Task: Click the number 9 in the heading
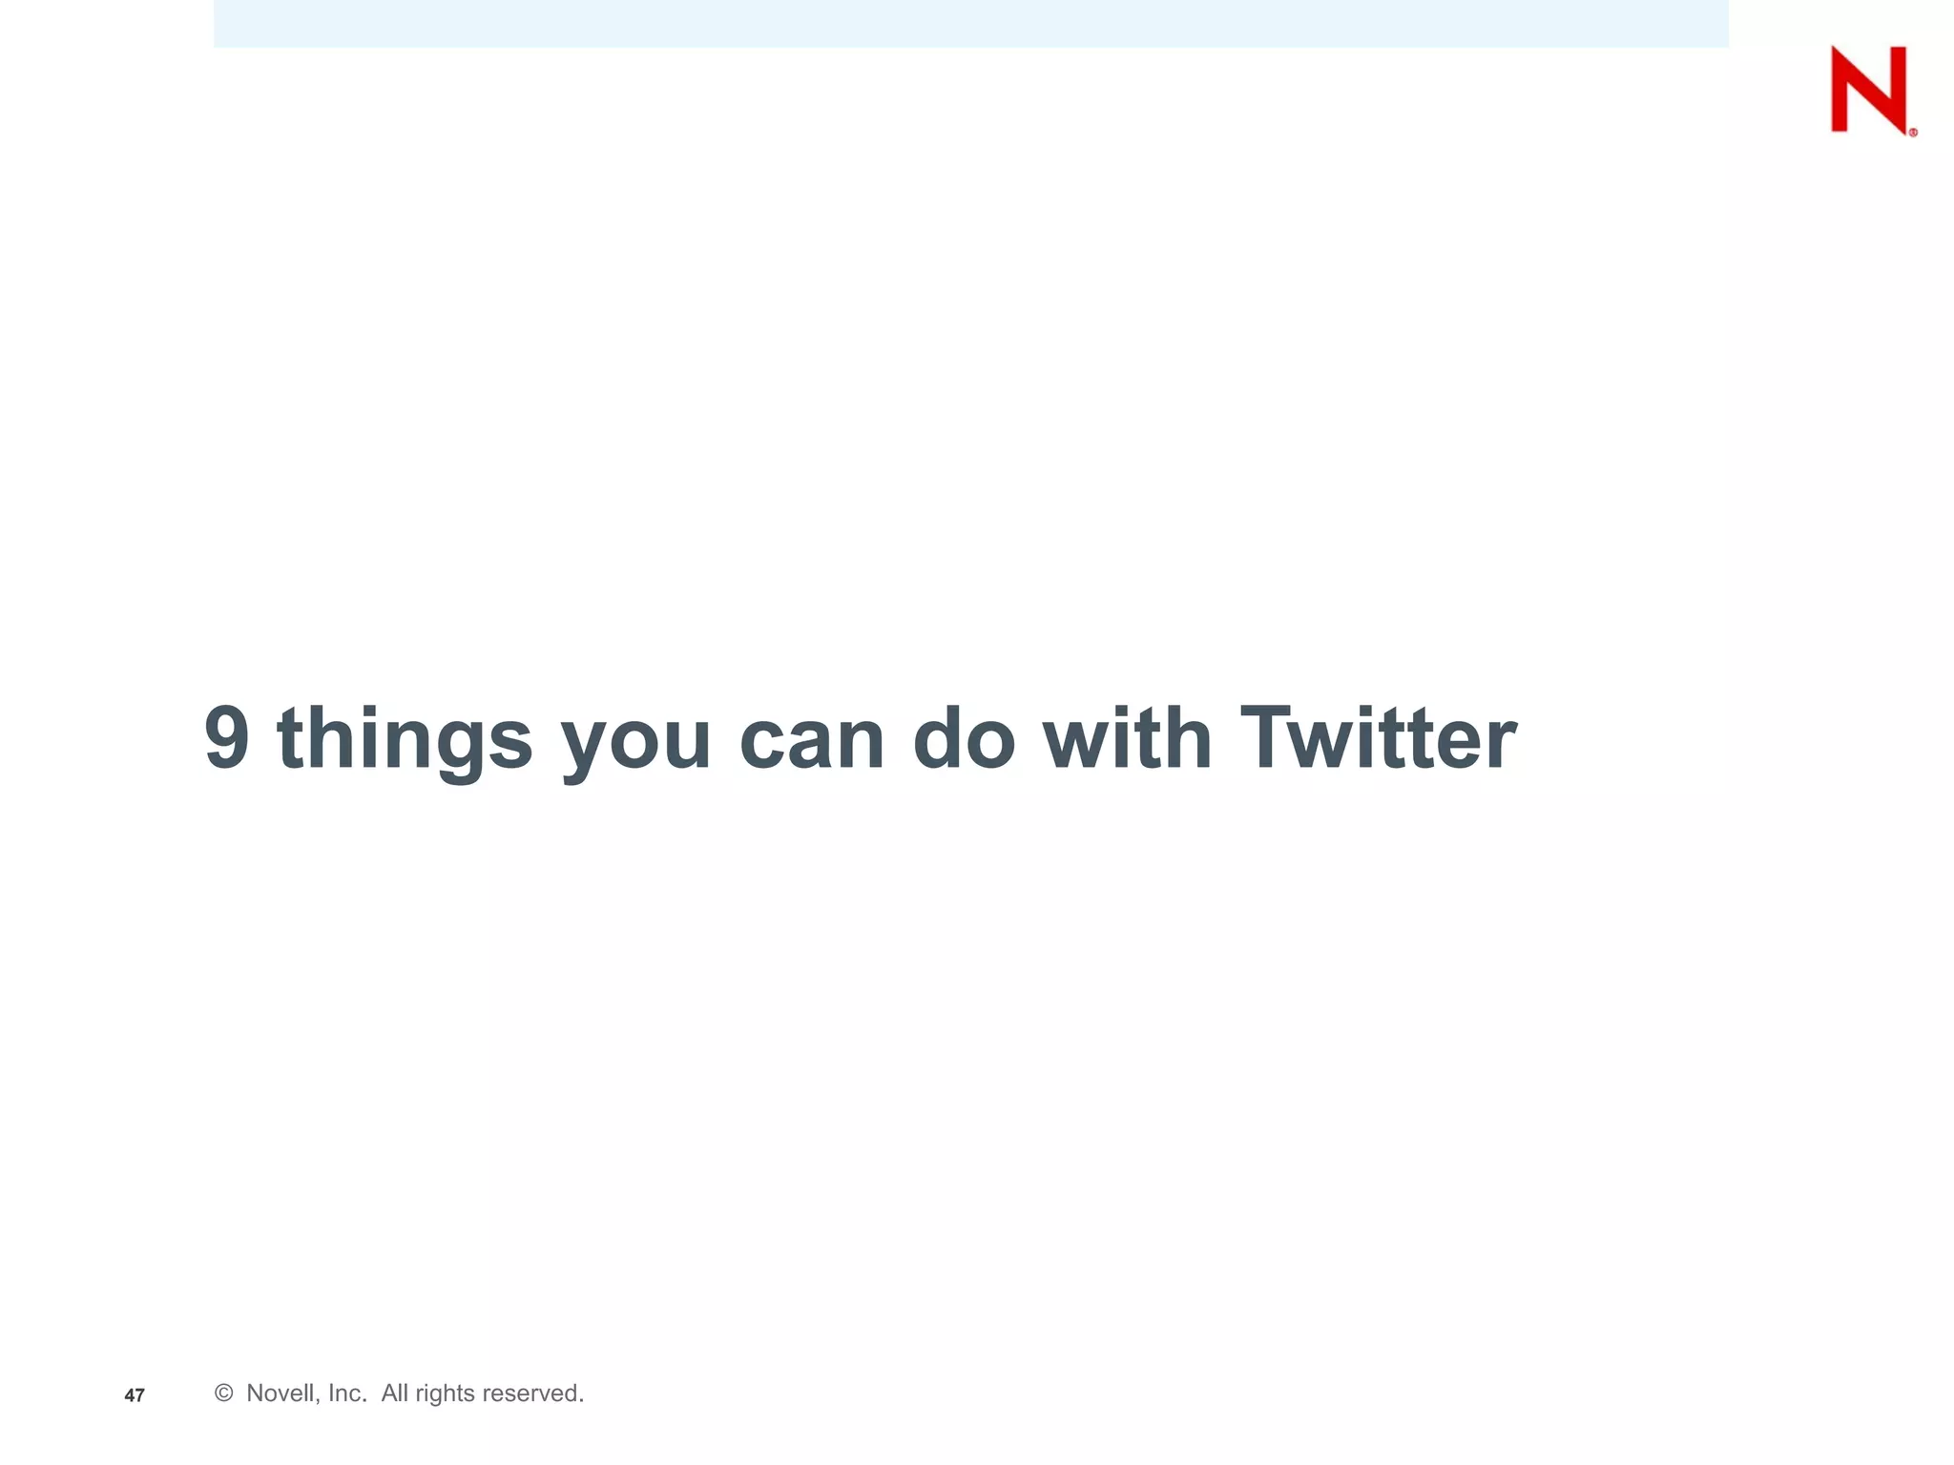(x=227, y=738)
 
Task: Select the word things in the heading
(x=405, y=740)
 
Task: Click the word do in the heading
(x=964, y=738)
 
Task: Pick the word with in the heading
(x=1127, y=738)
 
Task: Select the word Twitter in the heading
(x=1378, y=738)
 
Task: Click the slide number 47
(x=135, y=1396)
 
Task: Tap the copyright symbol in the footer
(x=224, y=1393)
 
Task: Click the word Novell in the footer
(x=281, y=1393)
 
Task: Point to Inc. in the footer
(x=347, y=1393)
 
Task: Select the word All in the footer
(x=395, y=1393)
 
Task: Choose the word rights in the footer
(x=445, y=1394)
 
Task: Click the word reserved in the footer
(x=532, y=1393)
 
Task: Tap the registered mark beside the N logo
(x=1913, y=134)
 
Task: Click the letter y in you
(x=586, y=748)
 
